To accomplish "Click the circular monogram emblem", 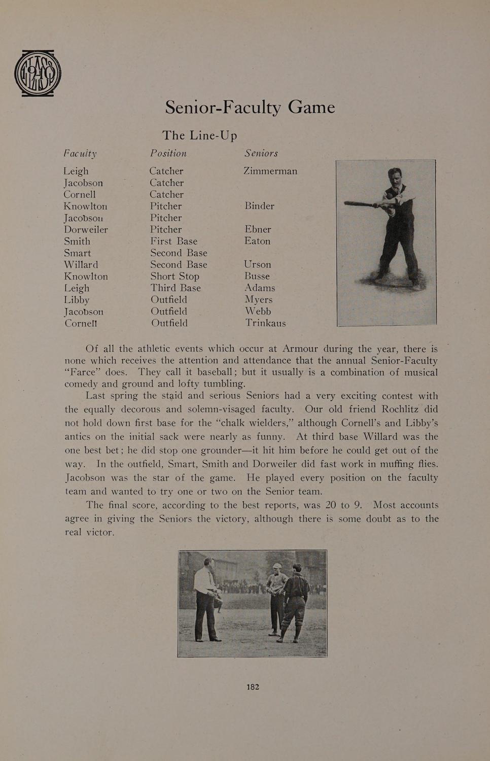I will [x=38, y=73].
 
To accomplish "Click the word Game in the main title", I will [x=311, y=107].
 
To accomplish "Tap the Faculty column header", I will [x=80, y=153].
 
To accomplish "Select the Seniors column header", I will [x=261, y=153].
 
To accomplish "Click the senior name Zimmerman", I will [x=270, y=171].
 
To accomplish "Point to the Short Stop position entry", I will [x=174, y=276].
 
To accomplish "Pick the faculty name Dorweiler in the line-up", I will [x=86, y=229].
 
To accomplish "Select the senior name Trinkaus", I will [x=265, y=323].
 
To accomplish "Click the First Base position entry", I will [x=173, y=241].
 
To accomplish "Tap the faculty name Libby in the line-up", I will [x=77, y=300].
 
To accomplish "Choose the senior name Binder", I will [x=259, y=206].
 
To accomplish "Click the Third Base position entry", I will [x=176, y=288].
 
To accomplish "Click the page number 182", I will [x=253, y=687].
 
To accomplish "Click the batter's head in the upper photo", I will [x=395, y=177].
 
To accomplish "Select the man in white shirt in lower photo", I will [x=207, y=599].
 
